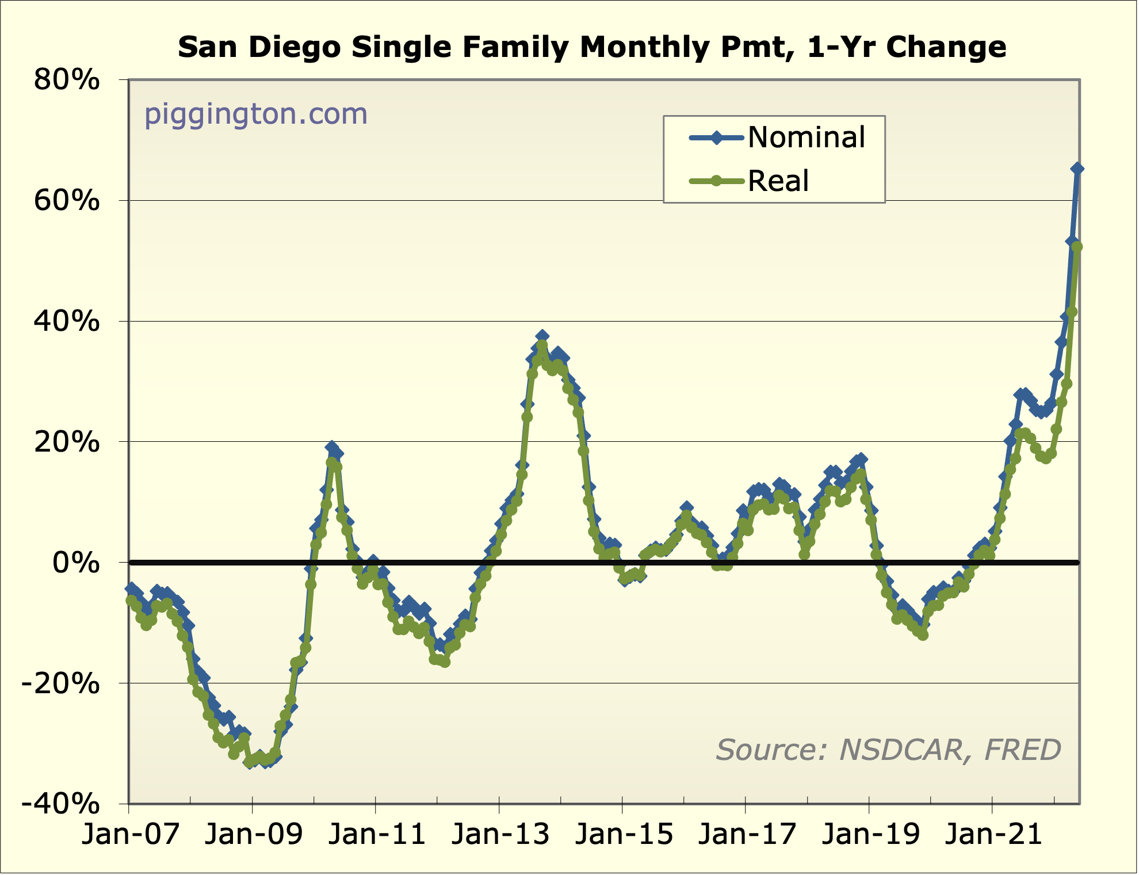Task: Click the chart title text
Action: (x=592, y=47)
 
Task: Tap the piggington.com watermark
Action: (x=255, y=114)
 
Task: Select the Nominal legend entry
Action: (x=806, y=137)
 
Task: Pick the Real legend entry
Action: (x=778, y=181)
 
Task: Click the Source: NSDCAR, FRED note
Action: (x=888, y=750)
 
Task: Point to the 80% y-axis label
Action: (x=67, y=80)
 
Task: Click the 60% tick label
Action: (x=67, y=201)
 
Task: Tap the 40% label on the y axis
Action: (x=67, y=322)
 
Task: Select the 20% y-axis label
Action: (x=67, y=442)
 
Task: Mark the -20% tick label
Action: (x=60, y=684)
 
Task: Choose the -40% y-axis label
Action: (x=60, y=804)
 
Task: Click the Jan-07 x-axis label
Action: (x=131, y=834)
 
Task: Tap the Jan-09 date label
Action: (x=254, y=834)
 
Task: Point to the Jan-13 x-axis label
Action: (x=500, y=834)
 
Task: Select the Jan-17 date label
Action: (x=747, y=834)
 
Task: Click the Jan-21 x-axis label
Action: (x=994, y=834)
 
